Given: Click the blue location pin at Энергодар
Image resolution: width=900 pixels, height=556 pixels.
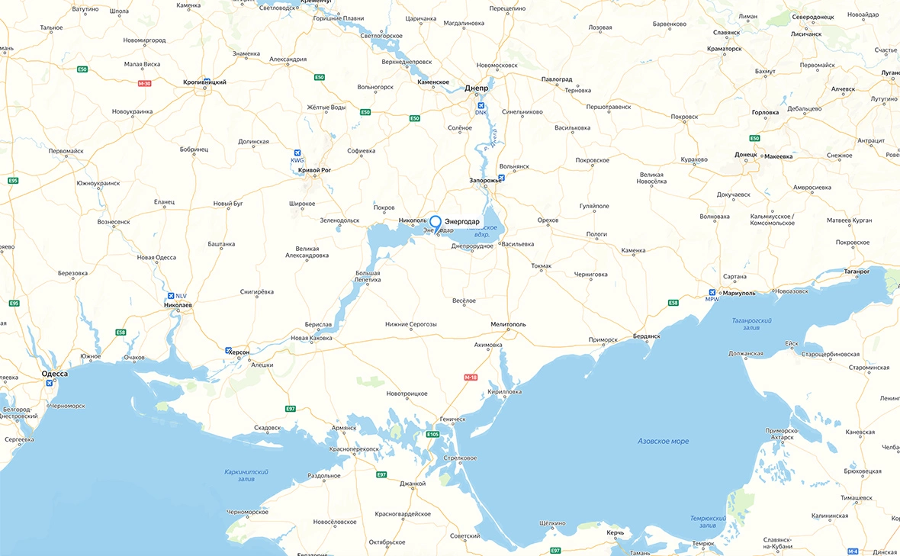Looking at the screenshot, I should click(x=436, y=222).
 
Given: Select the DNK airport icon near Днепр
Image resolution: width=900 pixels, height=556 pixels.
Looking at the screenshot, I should click(x=481, y=105).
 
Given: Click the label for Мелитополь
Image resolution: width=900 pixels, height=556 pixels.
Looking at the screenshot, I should click(x=509, y=324).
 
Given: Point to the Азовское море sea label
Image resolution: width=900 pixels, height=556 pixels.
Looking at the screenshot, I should click(x=663, y=441).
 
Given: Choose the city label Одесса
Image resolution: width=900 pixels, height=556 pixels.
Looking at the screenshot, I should click(x=54, y=374).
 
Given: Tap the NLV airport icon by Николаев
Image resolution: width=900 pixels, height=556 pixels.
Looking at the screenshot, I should click(x=170, y=296).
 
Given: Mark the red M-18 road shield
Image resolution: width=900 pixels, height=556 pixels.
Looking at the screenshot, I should click(x=471, y=377).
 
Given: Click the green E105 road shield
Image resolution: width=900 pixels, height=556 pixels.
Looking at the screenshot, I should click(x=433, y=434).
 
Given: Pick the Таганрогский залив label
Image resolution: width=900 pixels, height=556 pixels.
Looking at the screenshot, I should click(x=751, y=325).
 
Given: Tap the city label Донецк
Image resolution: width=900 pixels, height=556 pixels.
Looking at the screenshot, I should click(x=744, y=154).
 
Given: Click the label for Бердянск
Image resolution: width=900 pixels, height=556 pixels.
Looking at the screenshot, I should click(x=649, y=336).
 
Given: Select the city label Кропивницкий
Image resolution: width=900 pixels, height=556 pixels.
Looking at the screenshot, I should click(x=204, y=82).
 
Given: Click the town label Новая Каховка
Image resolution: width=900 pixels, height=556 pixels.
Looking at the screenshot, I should click(x=312, y=338).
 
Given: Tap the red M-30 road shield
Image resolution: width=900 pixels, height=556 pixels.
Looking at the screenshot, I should click(x=144, y=83).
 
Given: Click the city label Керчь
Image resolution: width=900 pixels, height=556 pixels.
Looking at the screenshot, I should click(x=615, y=532).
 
